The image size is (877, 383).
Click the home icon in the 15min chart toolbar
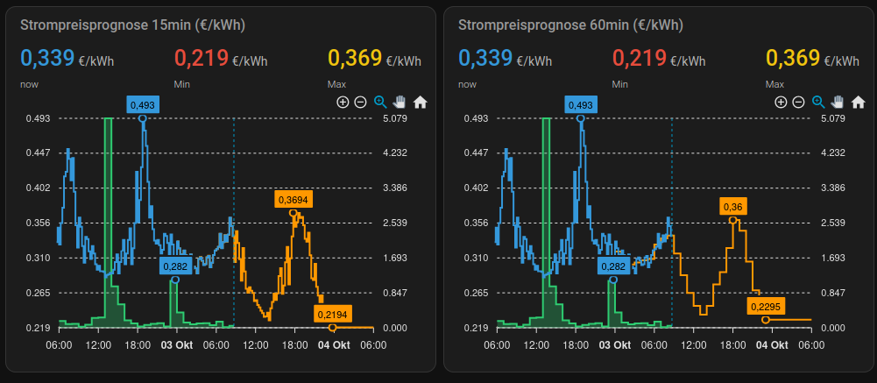coord(420,102)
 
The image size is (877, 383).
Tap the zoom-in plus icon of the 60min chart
coord(781,102)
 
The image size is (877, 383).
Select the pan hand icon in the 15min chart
coord(400,102)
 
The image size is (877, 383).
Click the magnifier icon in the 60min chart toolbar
coord(818,102)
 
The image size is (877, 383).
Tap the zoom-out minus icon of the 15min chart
coord(360,102)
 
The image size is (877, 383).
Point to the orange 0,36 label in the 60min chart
coord(732,206)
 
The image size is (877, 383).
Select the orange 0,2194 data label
coord(332,315)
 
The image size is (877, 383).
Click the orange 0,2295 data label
coord(766,307)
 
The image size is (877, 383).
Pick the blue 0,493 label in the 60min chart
coord(580,105)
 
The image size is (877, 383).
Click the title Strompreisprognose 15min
coord(132,25)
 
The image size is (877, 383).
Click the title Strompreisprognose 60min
coord(570,25)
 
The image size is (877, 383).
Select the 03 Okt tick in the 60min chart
coord(614,345)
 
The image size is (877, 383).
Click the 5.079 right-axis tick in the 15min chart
coord(395,118)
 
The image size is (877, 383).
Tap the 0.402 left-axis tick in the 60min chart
coord(476,188)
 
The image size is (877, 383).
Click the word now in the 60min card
coord(467,84)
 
